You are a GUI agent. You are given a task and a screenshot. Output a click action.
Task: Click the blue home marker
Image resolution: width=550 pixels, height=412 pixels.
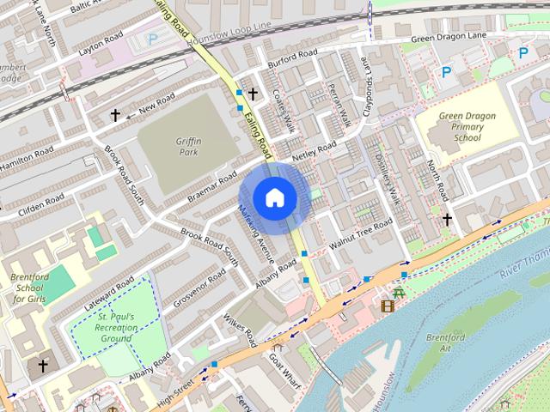pyautogui.click(x=273, y=197)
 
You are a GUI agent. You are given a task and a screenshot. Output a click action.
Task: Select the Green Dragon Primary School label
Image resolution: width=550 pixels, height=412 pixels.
pyautogui.click(x=467, y=127)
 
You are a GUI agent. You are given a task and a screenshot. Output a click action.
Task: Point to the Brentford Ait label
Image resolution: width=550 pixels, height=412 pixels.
pyautogui.click(x=445, y=343)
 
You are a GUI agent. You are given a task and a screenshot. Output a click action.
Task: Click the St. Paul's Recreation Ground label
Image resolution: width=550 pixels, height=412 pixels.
pyautogui.click(x=113, y=326)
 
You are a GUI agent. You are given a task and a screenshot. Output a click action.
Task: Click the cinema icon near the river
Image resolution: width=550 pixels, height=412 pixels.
pyautogui.click(x=388, y=306)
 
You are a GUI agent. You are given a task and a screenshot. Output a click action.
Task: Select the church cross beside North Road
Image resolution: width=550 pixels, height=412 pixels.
pyautogui.click(x=447, y=220)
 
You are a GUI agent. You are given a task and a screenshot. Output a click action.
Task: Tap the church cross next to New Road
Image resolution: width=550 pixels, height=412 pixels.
pyautogui.click(x=115, y=114)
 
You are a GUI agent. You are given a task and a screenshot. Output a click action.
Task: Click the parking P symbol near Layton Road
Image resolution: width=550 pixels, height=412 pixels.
pyautogui.click(x=153, y=39)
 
